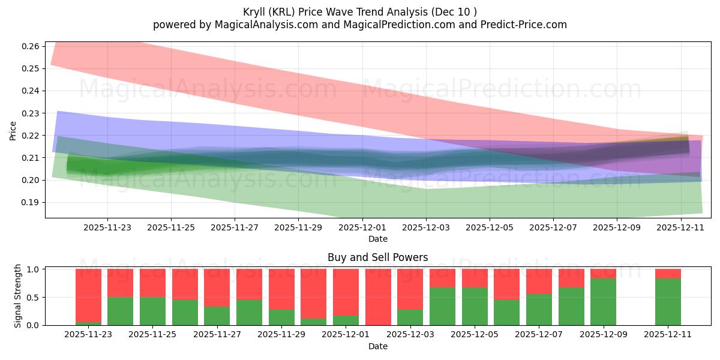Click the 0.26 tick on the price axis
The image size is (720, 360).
tap(32, 46)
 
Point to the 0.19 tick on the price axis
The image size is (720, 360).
tap(32, 202)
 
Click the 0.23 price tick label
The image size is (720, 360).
tap(32, 113)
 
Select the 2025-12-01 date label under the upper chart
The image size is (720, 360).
tap(362, 227)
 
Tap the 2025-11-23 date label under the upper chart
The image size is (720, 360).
tap(107, 227)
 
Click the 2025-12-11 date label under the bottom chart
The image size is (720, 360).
tap(668, 335)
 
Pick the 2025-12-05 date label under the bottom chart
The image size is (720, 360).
tap(475, 335)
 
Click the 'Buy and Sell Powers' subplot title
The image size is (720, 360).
tap(377, 257)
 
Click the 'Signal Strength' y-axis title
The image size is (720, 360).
tap(18, 296)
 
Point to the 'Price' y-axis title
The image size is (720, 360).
tap(13, 130)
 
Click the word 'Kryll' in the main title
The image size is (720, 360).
tap(256, 12)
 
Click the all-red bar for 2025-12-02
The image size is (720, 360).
tap(378, 297)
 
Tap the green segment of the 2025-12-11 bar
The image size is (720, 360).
tap(668, 302)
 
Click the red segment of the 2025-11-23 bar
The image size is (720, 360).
tap(88, 294)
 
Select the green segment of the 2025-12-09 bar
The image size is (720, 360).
tap(603, 302)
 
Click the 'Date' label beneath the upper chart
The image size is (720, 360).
tap(377, 239)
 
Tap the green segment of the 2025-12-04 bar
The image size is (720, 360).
tap(442, 307)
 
